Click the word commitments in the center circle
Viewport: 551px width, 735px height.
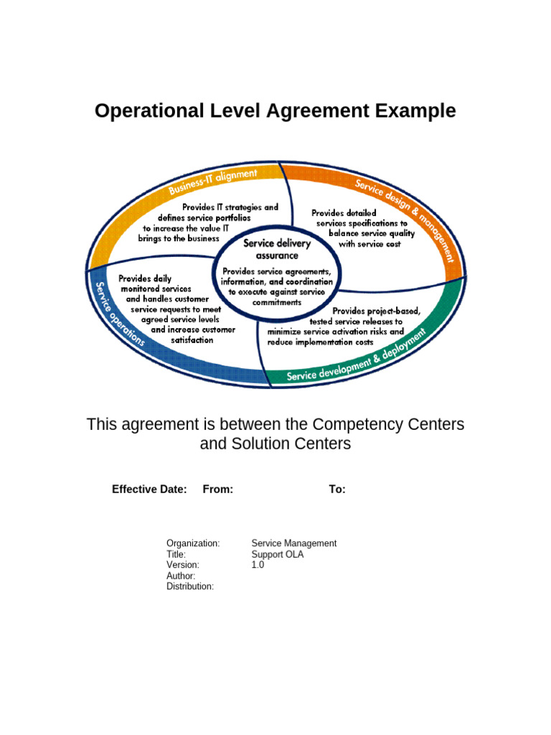coord(276,302)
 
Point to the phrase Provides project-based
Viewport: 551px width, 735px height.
coord(376,311)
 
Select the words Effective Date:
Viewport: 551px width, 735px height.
coord(149,490)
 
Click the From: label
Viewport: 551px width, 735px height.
coord(218,490)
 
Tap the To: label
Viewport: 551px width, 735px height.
coord(337,490)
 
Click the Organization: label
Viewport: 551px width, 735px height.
coord(193,543)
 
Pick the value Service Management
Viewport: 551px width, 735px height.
coord(293,543)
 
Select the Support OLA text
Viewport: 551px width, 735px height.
coord(277,554)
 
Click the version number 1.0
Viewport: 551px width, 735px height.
coord(258,565)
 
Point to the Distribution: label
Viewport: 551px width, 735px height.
coord(190,586)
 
